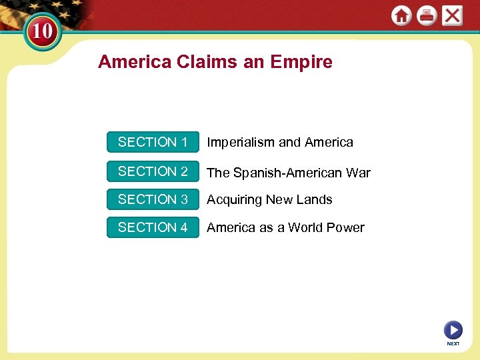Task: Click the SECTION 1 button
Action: pyautogui.click(x=153, y=142)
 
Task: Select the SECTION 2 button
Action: pyautogui.click(x=153, y=171)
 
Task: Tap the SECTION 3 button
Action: pyautogui.click(x=153, y=199)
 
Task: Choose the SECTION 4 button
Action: pyautogui.click(x=153, y=227)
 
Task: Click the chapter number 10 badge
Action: pyautogui.click(x=41, y=32)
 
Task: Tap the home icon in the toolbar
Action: pyautogui.click(x=401, y=15)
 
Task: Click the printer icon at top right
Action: pyautogui.click(x=427, y=15)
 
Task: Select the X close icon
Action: pyautogui.click(x=452, y=15)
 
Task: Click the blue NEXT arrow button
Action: pyautogui.click(x=453, y=330)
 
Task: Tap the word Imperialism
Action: pyautogui.click(x=241, y=142)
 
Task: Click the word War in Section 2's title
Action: pyautogui.click(x=358, y=173)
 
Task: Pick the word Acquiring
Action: pyautogui.click(x=234, y=200)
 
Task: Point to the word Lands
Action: pyautogui.click(x=314, y=199)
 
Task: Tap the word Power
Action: pyautogui.click(x=346, y=227)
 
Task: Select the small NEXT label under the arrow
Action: pyautogui.click(x=453, y=344)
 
